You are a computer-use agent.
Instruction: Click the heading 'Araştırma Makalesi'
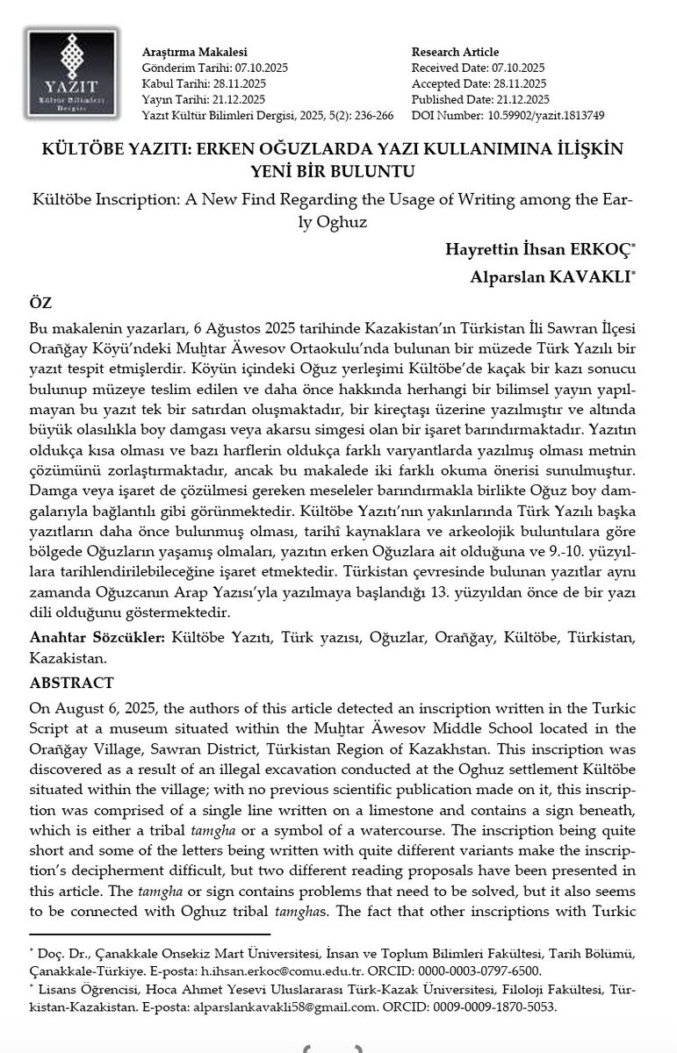[x=182, y=52]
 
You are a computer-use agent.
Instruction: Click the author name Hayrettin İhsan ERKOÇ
[x=544, y=249]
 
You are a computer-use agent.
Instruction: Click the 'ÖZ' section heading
[x=40, y=304]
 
